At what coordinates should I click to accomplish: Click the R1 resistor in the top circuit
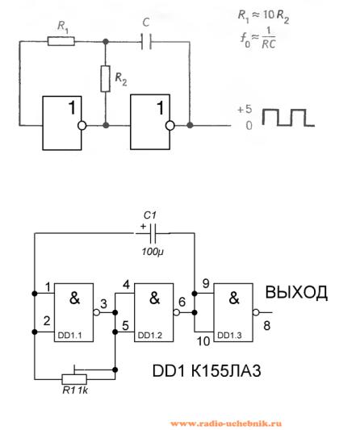click(x=61, y=41)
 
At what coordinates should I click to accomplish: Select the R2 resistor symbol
click(x=106, y=79)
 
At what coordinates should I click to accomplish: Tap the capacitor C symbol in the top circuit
click(x=146, y=42)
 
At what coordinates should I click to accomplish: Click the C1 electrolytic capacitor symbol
click(x=153, y=233)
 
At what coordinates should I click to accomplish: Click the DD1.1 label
click(x=69, y=336)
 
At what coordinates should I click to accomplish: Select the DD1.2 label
click(x=150, y=335)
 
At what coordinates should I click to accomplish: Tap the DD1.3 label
click(x=229, y=335)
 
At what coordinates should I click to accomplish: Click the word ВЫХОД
click(x=296, y=292)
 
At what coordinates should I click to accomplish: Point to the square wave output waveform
click(x=288, y=117)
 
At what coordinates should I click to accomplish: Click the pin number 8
click(x=266, y=326)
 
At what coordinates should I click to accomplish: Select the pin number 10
click(x=203, y=341)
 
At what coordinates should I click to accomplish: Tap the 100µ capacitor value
click(x=153, y=252)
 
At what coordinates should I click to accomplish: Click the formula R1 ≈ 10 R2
click(x=263, y=16)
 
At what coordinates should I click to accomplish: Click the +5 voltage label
click(x=245, y=109)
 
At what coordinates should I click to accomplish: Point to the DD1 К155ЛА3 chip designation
click(x=207, y=371)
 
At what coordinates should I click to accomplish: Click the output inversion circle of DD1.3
click(x=256, y=312)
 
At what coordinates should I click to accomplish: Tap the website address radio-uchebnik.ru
click(x=226, y=424)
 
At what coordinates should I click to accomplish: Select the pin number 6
click(x=182, y=302)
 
